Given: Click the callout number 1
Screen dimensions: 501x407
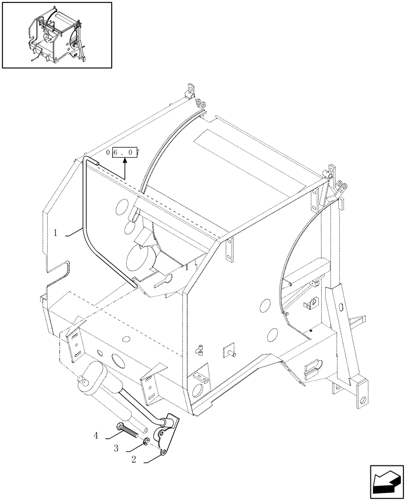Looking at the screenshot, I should pos(57,232).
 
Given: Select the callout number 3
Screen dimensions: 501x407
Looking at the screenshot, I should pos(116,448).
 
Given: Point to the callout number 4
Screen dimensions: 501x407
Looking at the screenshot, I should pos(95,436).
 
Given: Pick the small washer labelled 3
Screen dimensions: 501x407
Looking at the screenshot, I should pos(146,440).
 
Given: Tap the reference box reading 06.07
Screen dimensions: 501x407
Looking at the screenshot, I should pos(125,152).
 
